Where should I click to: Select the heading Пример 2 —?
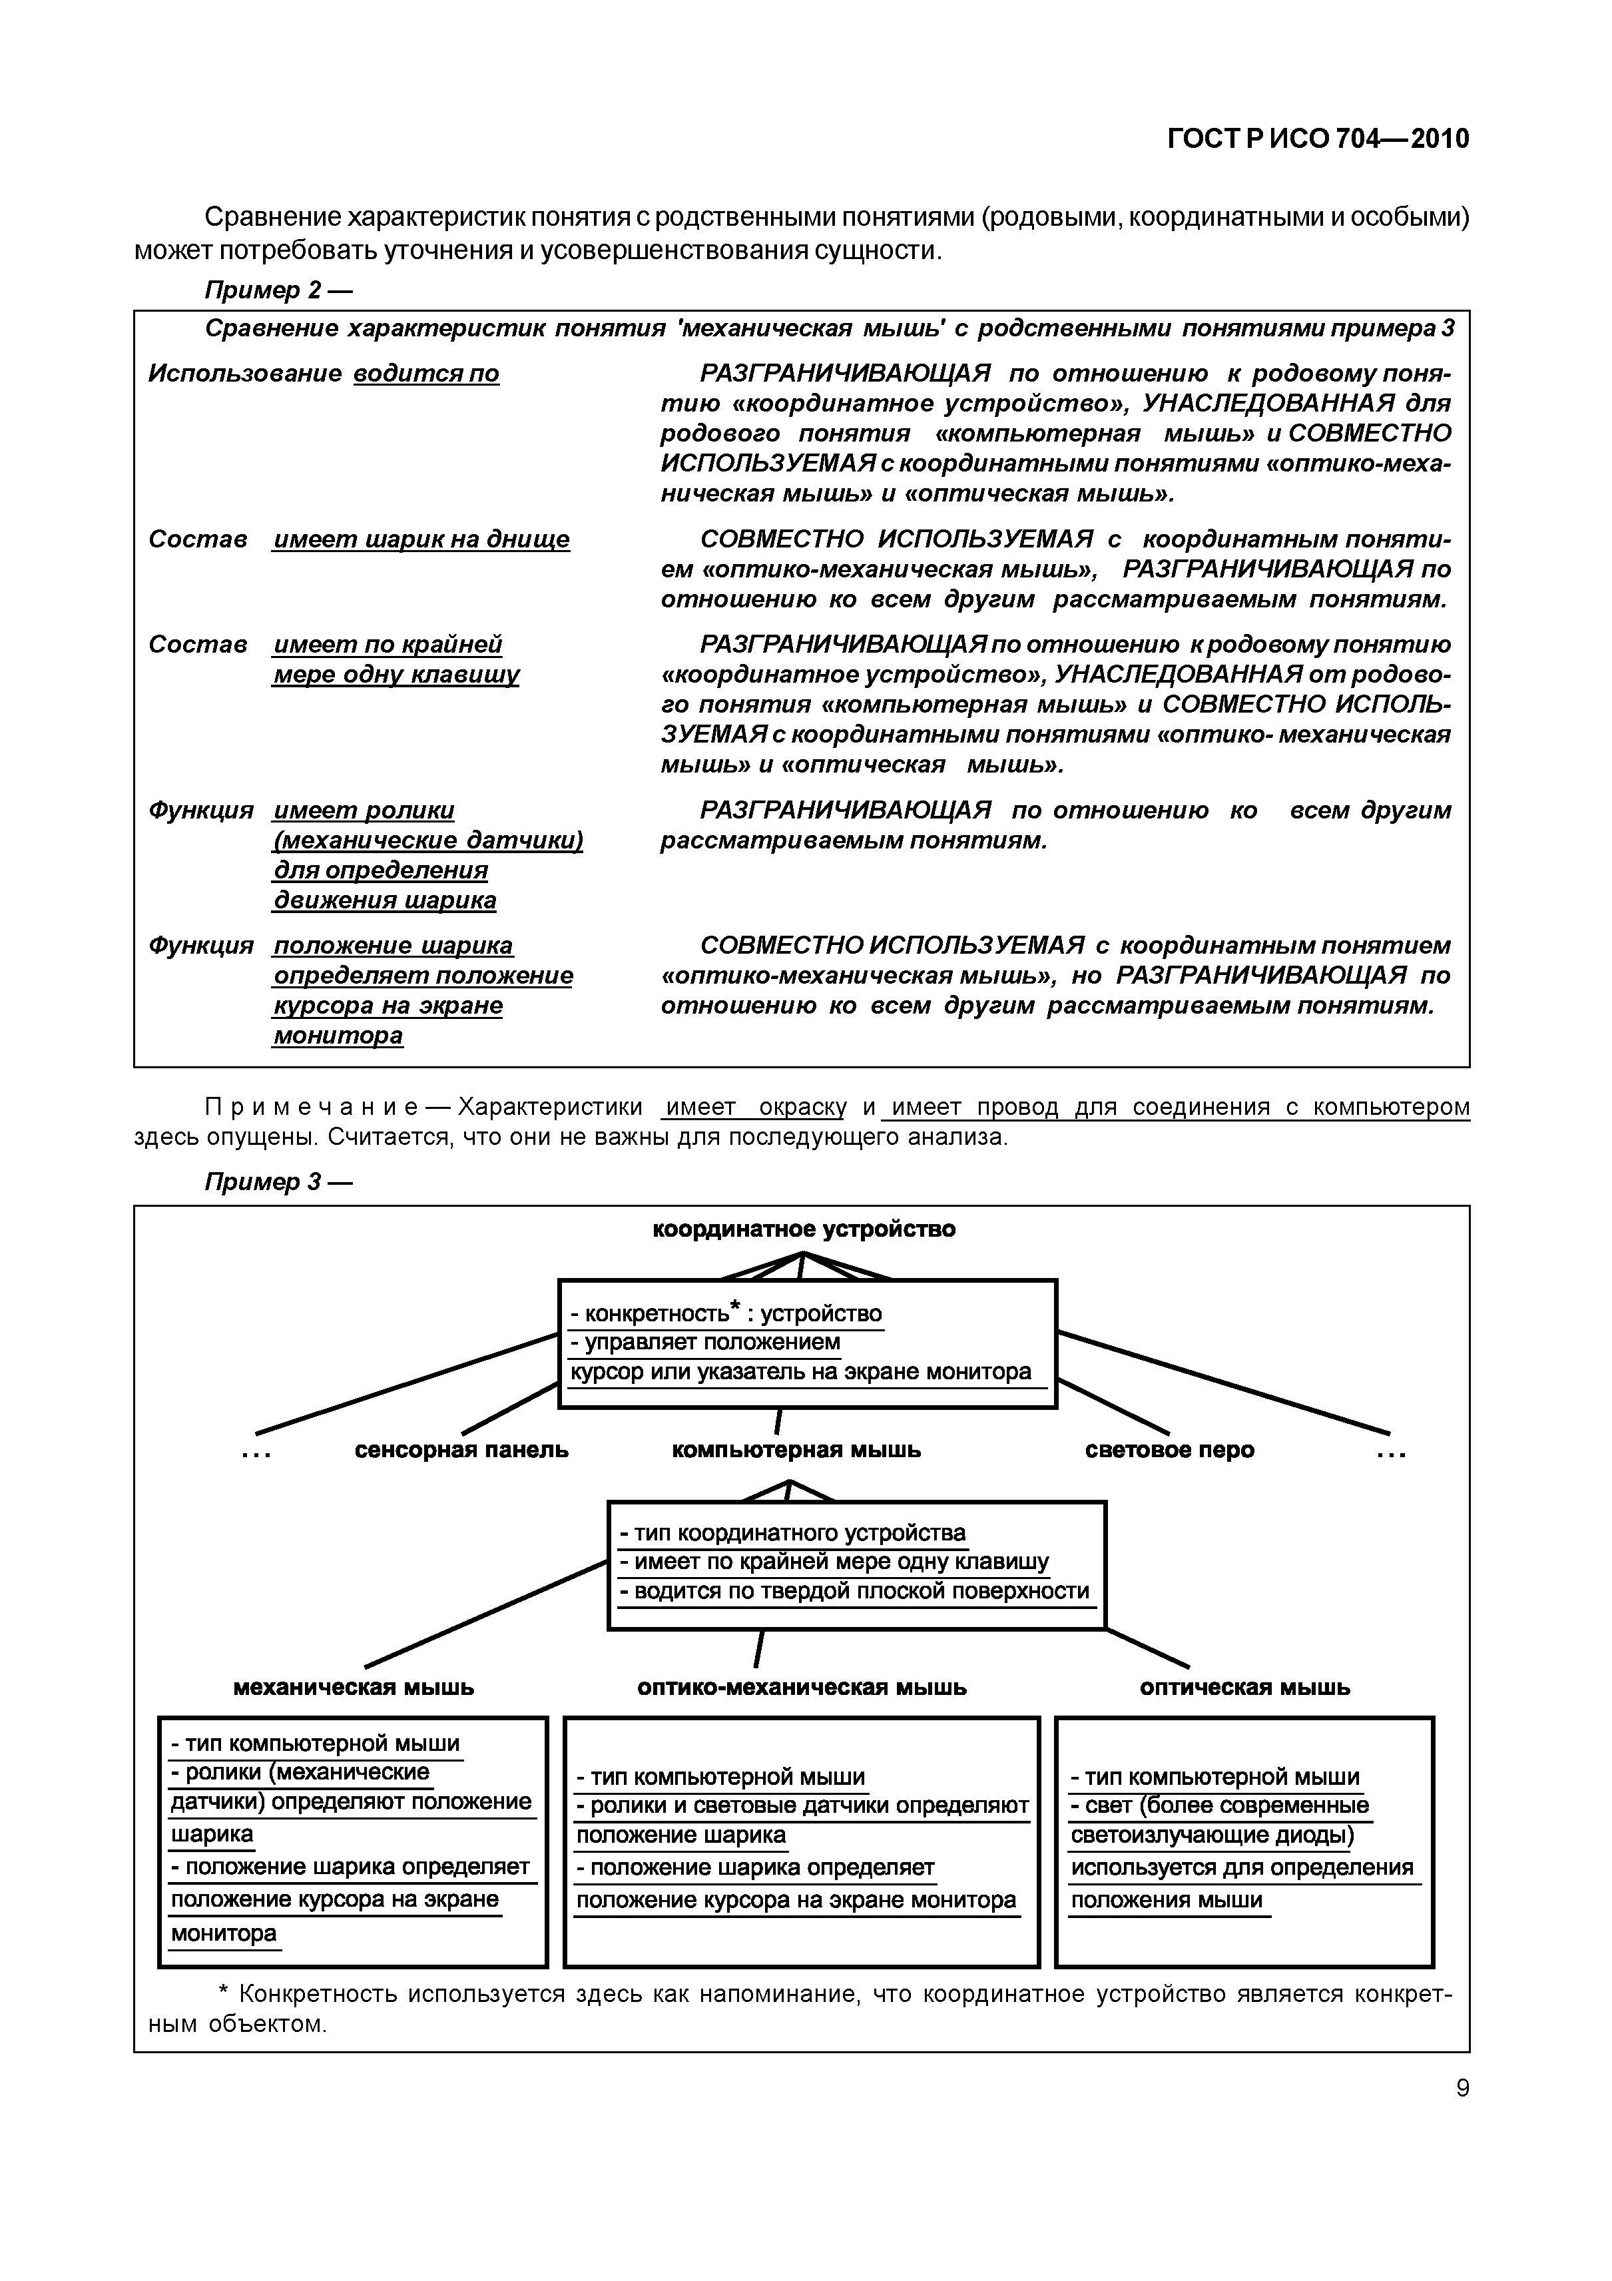tap(278, 290)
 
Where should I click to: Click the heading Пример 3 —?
tap(278, 1181)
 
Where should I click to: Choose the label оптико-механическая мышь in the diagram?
tap(802, 1687)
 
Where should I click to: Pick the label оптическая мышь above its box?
tap(1244, 1687)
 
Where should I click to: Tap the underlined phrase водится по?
tap(426, 374)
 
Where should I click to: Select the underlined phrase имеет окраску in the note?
tap(756, 1107)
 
